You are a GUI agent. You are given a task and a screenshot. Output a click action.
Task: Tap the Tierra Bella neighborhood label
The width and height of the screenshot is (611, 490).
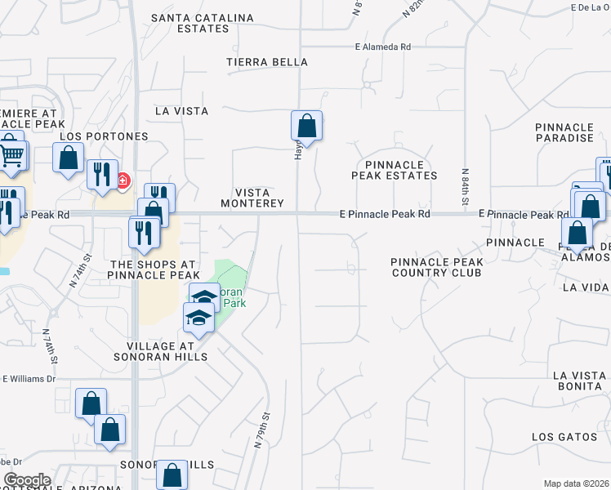tap(267, 62)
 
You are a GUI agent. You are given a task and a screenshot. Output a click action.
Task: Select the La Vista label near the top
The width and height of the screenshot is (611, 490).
tap(181, 110)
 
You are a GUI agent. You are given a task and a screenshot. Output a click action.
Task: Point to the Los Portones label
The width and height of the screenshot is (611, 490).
tap(105, 136)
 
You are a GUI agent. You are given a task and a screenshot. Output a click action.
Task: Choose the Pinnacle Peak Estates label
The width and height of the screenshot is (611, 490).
tap(395, 170)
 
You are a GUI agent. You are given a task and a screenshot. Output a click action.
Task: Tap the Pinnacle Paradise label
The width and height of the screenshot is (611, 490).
tap(564, 132)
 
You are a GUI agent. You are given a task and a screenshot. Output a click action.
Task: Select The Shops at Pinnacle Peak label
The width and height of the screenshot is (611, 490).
tap(154, 269)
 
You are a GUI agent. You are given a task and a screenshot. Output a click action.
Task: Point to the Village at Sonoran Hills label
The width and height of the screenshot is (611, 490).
tap(167, 351)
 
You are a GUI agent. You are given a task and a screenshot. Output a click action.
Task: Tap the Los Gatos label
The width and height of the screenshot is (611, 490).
tap(564, 437)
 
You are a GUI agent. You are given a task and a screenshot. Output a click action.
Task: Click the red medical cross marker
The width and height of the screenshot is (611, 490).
tap(123, 180)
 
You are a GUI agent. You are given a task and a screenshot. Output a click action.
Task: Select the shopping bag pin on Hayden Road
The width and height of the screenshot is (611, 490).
tap(306, 126)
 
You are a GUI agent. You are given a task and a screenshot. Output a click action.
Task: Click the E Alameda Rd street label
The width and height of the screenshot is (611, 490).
tap(382, 47)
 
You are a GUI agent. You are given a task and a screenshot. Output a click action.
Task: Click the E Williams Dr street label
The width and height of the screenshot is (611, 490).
tap(29, 379)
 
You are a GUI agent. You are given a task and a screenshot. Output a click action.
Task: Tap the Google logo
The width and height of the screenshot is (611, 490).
tap(26, 480)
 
